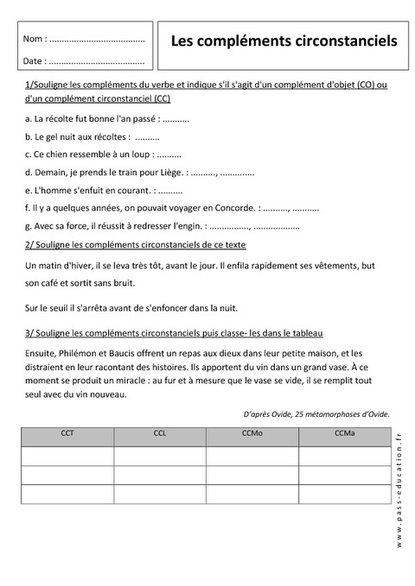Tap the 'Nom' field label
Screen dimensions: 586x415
click(x=32, y=40)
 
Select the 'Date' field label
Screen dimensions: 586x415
click(x=33, y=61)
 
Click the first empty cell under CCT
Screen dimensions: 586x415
click(x=67, y=455)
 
